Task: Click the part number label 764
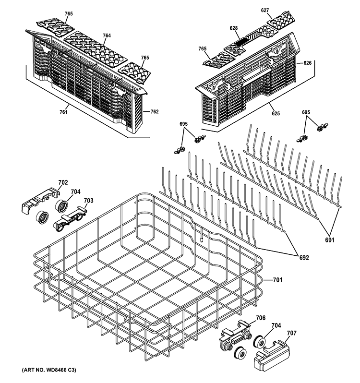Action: [107, 36]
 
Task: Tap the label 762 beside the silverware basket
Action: [155, 112]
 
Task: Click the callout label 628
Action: [234, 28]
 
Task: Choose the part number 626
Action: [308, 62]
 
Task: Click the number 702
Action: [63, 182]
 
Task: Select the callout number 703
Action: [88, 200]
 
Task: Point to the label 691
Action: [341, 240]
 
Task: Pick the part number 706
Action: [260, 318]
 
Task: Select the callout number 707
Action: [291, 332]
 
